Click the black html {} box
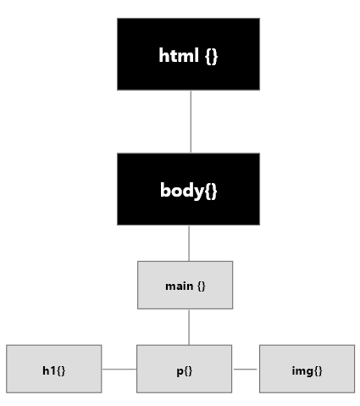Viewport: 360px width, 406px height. [188, 54]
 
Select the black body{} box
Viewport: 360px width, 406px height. [188, 189]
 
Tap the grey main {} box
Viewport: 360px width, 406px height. [186, 285]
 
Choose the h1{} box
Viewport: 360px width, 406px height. [54, 369]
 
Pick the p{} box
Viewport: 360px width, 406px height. [185, 369]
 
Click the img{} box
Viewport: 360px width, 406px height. [307, 369]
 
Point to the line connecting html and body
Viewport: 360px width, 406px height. [191, 122]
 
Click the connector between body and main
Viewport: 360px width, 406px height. [189, 243]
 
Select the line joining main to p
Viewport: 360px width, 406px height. [189, 327]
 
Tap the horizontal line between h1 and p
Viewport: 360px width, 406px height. [119, 369]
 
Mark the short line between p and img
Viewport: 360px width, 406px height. [245, 369]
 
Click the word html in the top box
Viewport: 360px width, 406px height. [179, 55]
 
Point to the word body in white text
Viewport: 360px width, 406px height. [182, 190]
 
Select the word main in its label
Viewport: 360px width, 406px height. [180, 286]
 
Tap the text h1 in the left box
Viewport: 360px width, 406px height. [49, 370]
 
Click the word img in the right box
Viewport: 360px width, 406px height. [302, 371]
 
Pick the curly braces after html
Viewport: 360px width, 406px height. [212, 56]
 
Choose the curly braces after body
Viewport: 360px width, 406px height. [210, 191]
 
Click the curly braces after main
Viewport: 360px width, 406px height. [202, 286]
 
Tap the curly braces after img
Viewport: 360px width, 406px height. [317, 370]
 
